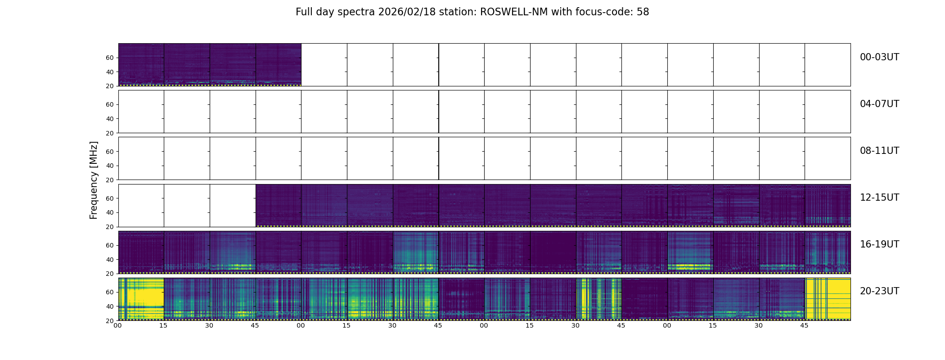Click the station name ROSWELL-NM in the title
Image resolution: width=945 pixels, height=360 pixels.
[513, 12]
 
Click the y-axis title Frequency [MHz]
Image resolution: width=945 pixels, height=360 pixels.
[94, 180]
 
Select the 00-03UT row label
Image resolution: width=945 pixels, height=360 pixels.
[879, 57]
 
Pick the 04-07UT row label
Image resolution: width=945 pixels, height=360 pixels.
[879, 104]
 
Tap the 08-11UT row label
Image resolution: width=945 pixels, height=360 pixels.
[879, 151]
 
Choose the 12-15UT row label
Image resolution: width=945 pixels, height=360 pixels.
[879, 198]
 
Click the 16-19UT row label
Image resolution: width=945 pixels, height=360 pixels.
[879, 244]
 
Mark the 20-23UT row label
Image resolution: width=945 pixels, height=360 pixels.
[879, 291]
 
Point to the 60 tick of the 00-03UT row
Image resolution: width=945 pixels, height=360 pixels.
[110, 58]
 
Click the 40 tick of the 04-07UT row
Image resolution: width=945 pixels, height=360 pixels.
[110, 119]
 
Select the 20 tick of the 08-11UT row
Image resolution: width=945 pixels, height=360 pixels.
[110, 180]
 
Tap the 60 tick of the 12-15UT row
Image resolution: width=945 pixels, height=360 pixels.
[110, 198]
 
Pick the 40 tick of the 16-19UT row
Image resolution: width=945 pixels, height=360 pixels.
[110, 260]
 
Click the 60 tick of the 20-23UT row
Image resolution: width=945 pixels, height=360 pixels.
[110, 292]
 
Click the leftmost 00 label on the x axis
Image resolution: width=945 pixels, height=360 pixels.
[118, 325]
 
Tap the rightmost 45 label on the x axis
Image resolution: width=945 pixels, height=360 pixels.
[804, 325]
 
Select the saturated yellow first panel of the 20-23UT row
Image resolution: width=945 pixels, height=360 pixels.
[141, 299]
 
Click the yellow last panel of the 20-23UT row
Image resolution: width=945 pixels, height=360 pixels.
[828, 299]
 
